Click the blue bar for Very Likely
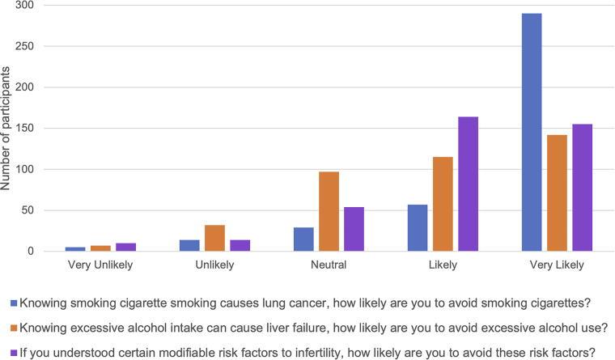pyautogui.click(x=532, y=133)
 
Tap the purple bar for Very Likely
pyautogui.click(x=582, y=188)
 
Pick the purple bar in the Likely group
pyautogui.click(x=468, y=184)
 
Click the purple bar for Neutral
pyautogui.click(x=354, y=229)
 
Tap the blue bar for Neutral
pyautogui.click(x=303, y=239)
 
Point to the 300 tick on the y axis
pyautogui.click(x=29, y=5)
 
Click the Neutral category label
pyautogui.click(x=329, y=265)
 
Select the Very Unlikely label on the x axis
pyautogui.click(x=99, y=265)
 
